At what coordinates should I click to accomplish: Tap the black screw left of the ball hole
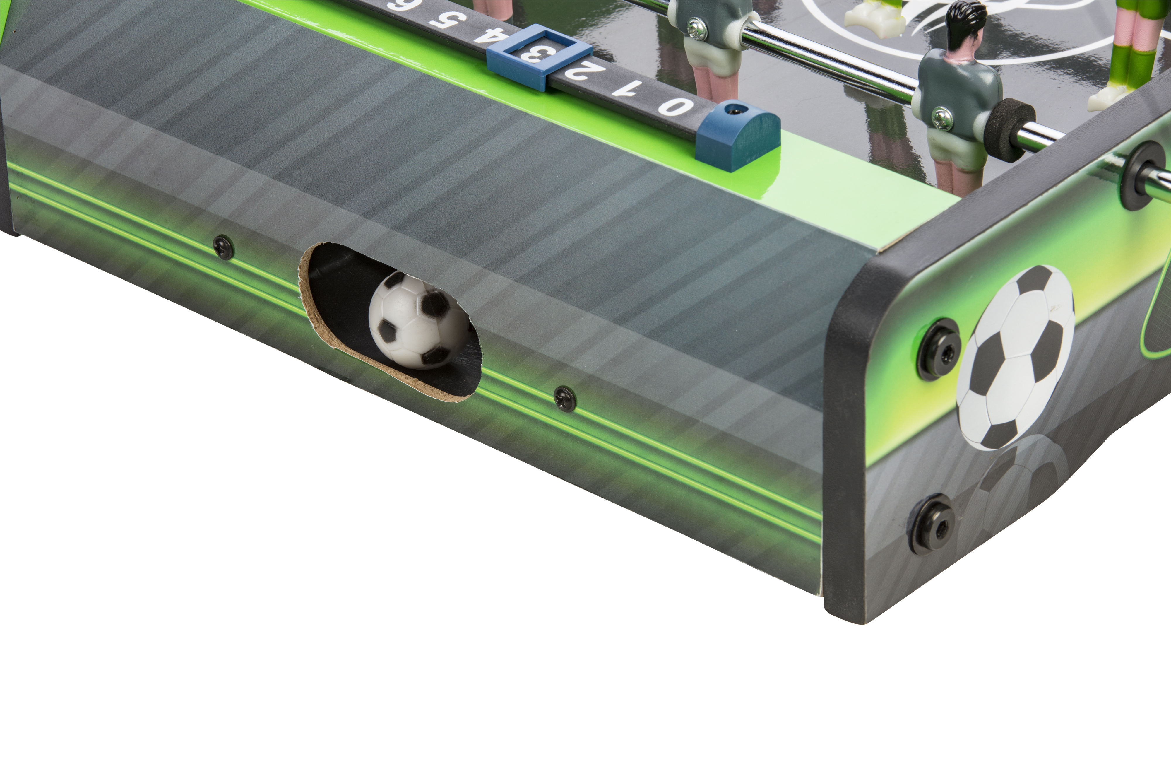click(x=224, y=247)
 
